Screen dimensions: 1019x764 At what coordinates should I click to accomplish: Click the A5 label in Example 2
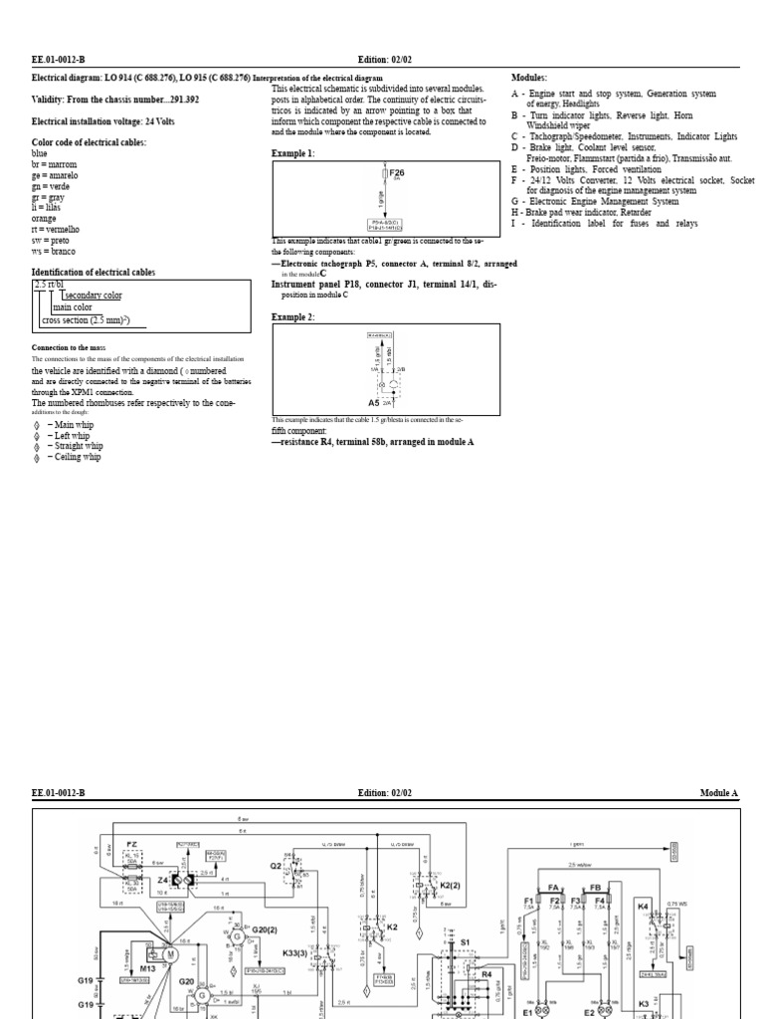click(374, 403)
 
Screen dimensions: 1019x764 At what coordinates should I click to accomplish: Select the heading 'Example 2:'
click(292, 316)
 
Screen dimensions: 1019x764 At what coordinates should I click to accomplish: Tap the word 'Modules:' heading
click(529, 78)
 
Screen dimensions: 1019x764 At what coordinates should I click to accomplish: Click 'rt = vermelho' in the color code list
click(55, 230)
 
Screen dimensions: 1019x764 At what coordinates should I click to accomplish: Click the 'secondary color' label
click(93, 296)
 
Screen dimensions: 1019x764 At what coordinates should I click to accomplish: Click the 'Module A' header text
click(719, 793)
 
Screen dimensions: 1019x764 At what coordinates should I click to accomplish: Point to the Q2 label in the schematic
click(277, 866)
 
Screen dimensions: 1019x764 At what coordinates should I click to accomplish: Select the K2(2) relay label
click(450, 885)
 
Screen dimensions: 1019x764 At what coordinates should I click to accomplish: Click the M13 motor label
click(148, 966)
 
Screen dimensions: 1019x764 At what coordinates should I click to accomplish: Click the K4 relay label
click(643, 907)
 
